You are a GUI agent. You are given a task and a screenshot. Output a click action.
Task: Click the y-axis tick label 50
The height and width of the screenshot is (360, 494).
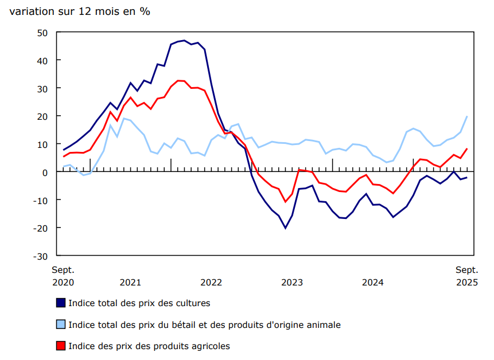(42, 33)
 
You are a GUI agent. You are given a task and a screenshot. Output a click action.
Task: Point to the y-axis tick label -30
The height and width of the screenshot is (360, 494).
(41, 256)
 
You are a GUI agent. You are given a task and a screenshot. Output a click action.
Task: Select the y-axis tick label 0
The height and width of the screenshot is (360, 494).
(45, 172)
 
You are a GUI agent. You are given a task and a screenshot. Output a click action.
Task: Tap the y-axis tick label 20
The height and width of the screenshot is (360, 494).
(42, 116)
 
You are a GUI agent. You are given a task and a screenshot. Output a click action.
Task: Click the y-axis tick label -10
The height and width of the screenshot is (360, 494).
(41, 200)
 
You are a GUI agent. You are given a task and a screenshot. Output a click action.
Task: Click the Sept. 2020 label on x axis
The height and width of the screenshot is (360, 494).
(63, 276)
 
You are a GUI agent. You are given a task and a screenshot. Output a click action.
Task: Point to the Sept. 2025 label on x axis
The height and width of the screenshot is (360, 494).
(467, 276)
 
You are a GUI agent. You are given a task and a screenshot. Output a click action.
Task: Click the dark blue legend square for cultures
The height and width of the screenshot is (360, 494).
(60, 303)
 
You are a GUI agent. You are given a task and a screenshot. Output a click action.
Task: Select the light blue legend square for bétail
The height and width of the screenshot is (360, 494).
(60, 324)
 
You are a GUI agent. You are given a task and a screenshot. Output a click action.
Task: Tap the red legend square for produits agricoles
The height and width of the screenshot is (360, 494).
(60, 346)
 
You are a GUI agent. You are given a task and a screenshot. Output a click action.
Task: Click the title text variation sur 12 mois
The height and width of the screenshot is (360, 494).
(80, 11)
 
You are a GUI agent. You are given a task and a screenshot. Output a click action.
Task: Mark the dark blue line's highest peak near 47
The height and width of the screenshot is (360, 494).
(184, 41)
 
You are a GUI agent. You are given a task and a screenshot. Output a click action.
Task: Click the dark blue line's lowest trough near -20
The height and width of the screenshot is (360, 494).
(286, 228)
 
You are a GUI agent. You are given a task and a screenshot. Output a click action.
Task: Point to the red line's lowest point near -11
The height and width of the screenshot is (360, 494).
(285, 202)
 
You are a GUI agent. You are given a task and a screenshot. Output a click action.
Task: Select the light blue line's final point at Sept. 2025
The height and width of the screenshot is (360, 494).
(467, 116)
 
